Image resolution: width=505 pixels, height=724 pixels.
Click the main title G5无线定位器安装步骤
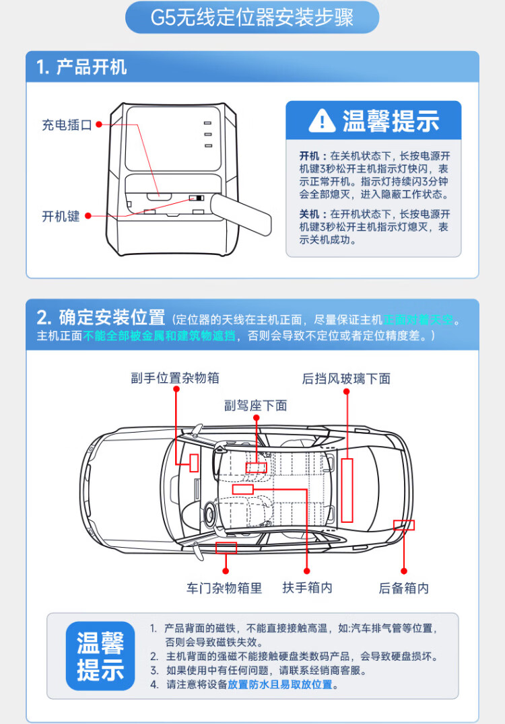click(252, 17)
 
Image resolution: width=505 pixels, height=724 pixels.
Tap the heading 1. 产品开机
click(81, 67)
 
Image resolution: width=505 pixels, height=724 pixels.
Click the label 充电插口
click(67, 124)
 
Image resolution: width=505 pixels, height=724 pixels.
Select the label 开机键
click(61, 216)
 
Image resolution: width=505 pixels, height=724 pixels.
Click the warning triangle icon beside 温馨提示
click(322, 120)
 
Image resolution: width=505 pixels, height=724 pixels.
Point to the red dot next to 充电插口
click(98, 124)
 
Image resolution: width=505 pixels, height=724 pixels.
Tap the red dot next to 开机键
click(86, 216)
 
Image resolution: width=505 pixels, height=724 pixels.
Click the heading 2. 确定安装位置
click(101, 317)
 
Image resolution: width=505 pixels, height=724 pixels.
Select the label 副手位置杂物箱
click(175, 378)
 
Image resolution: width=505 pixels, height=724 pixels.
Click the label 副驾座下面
click(256, 405)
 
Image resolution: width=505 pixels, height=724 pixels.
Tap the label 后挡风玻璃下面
click(346, 379)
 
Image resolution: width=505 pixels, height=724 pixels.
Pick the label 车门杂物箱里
click(224, 588)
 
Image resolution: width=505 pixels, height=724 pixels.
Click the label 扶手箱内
click(307, 587)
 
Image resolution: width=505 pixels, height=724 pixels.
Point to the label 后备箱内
click(403, 588)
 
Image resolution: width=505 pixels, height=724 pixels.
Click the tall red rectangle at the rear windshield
click(347, 490)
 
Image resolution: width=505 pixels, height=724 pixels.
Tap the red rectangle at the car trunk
click(404, 525)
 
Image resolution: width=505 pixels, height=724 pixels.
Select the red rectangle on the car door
click(226, 547)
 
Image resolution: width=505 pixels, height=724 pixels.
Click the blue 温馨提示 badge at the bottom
click(100, 656)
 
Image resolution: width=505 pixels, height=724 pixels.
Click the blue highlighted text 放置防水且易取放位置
click(280, 685)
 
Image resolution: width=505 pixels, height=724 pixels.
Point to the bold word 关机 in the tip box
click(308, 214)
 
